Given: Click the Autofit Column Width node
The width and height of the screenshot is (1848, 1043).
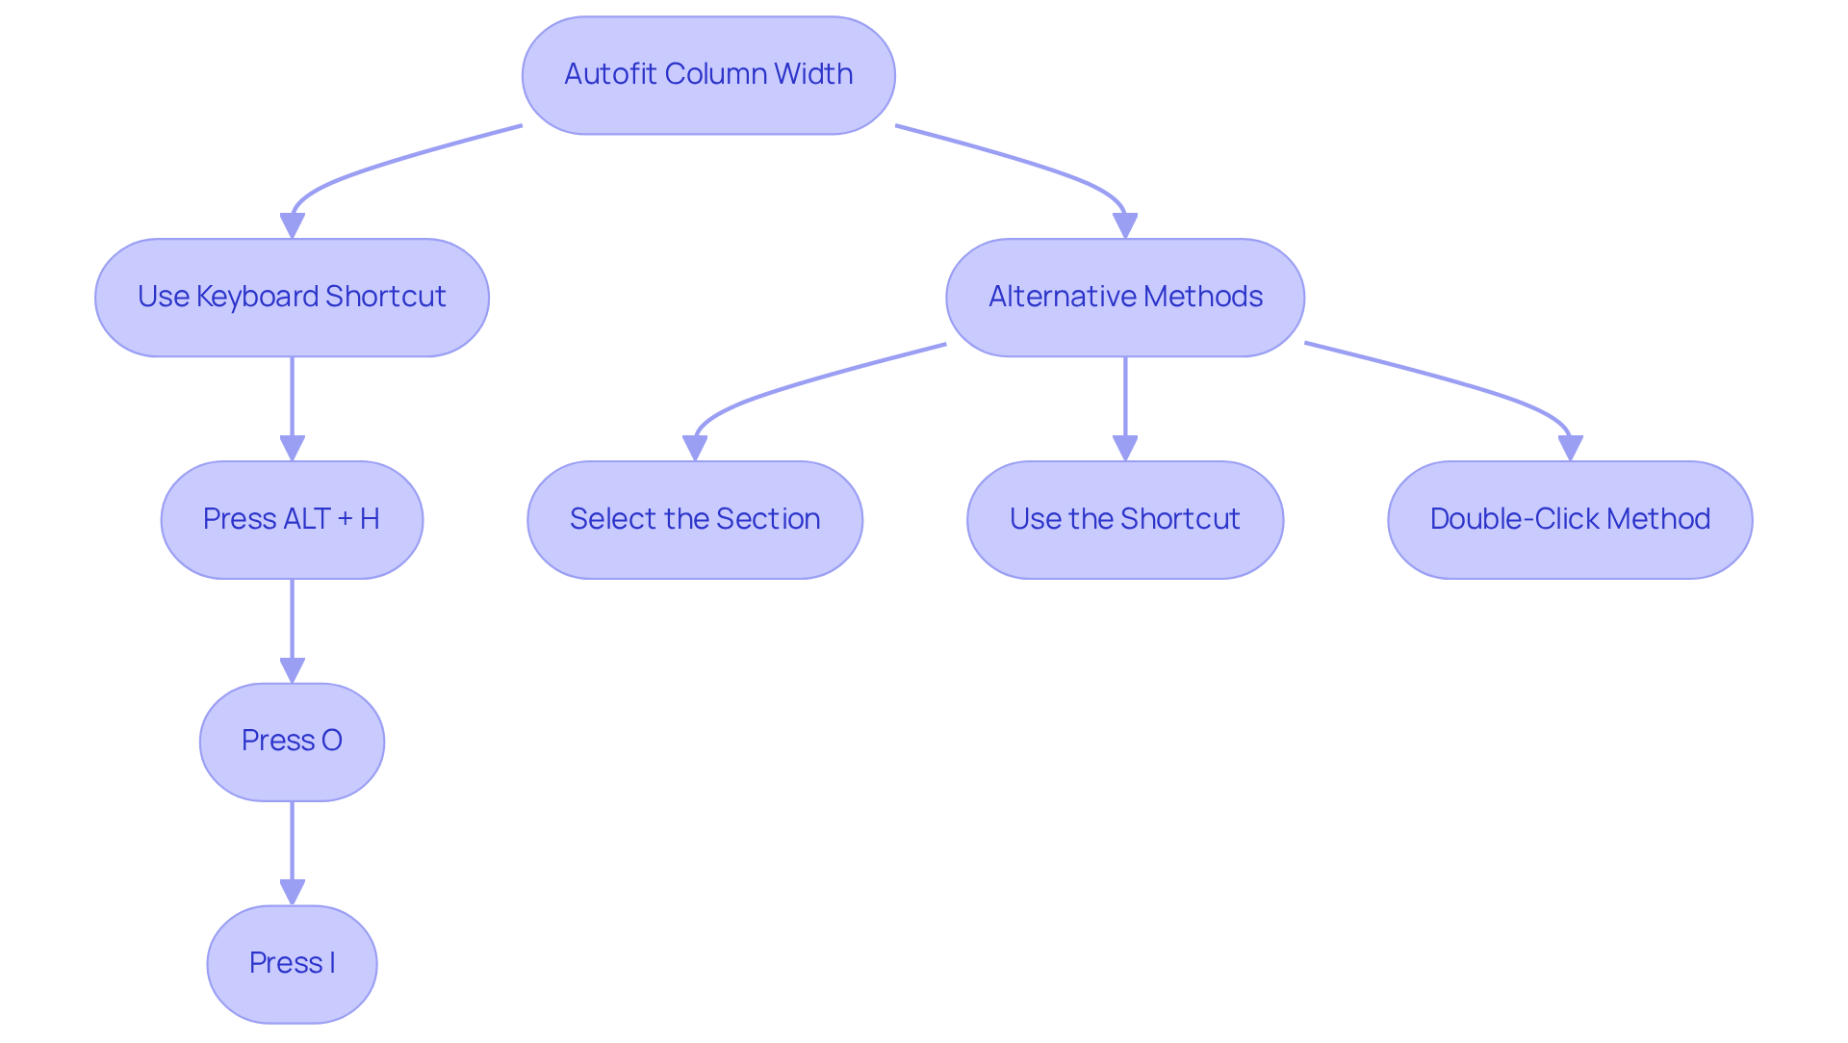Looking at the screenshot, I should [x=708, y=75].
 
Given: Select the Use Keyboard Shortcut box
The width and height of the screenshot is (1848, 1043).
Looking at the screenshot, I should [x=292, y=298].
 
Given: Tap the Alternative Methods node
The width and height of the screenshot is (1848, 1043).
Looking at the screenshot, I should [x=1124, y=298].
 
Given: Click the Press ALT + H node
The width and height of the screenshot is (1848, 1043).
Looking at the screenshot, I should [x=292, y=520].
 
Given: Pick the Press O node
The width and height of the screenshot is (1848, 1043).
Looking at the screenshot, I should [x=292, y=742].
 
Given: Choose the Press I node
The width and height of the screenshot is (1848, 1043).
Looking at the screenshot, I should [x=292, y=964].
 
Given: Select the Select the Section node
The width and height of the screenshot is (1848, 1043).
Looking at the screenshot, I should [x=695, y=520].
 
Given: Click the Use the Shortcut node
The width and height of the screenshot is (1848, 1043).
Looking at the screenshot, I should [x=1124, y=520].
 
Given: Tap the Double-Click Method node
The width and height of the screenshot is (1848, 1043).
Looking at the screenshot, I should [x=1570, y=520].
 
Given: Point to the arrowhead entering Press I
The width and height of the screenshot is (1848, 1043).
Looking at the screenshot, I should [x=292, y=892].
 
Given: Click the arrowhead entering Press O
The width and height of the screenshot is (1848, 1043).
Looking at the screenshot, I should [x=292, y=670].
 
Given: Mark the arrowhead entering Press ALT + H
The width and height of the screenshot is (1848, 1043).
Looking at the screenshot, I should [x=292, y=448].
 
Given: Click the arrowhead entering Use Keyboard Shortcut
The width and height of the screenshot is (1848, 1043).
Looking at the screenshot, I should [x=292, y=225].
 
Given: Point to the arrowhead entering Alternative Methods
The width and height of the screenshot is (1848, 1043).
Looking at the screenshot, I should [x=1124, y=225].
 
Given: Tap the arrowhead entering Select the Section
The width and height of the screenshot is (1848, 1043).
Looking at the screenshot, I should [x=695, y=448].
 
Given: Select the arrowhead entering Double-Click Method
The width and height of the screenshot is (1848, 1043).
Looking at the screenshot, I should [x=1570, y=448].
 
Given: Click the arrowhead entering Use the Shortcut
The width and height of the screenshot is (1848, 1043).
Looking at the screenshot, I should [x=1124, y=448].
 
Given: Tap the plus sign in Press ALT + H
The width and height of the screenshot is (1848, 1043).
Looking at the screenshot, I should [x=345, y=520].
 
